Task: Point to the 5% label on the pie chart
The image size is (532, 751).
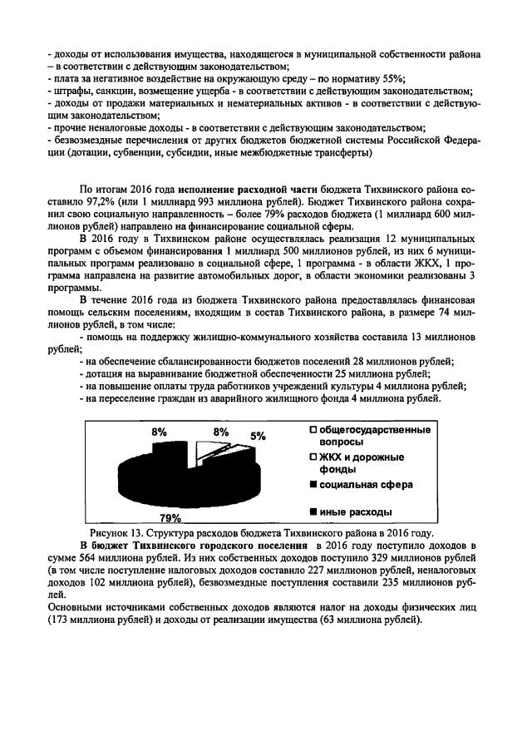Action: [x=259, y=436]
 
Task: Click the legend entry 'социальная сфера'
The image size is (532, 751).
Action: [x=361, y=484]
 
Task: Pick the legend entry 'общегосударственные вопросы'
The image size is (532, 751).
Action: [x=369, y=436]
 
